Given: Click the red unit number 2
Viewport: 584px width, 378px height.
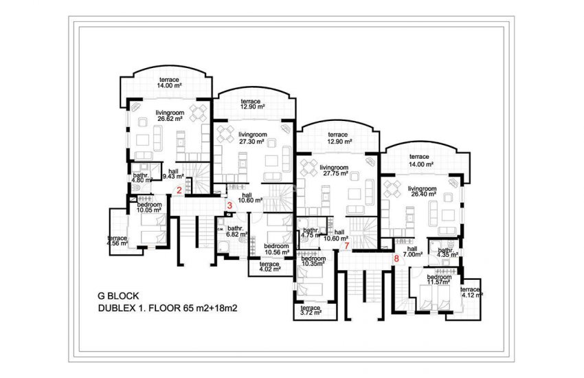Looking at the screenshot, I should click(179, 190).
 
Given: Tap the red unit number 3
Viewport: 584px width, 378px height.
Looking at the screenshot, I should click(229, 205).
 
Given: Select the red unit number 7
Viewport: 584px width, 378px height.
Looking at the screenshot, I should click(347, 245).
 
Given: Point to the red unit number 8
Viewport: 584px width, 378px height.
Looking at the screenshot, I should click(396, 259).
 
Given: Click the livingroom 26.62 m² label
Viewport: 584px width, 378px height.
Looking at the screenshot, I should click(172, 116).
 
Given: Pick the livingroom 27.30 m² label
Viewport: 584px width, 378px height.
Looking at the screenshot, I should click(252, 137).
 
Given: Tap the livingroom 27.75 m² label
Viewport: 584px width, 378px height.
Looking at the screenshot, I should click(337, 170).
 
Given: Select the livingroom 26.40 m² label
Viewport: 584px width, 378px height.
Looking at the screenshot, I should click(422, 192).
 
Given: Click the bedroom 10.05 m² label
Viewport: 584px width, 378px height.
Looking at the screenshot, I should click(149, 208).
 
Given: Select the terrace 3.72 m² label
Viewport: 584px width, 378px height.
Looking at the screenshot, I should click(311, 311).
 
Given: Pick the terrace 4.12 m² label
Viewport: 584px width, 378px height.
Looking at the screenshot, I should click(471, 292).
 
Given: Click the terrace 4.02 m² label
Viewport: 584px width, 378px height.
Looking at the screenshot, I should click(269, 267).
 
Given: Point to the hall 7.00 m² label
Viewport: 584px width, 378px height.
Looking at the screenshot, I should click(412, 252).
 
